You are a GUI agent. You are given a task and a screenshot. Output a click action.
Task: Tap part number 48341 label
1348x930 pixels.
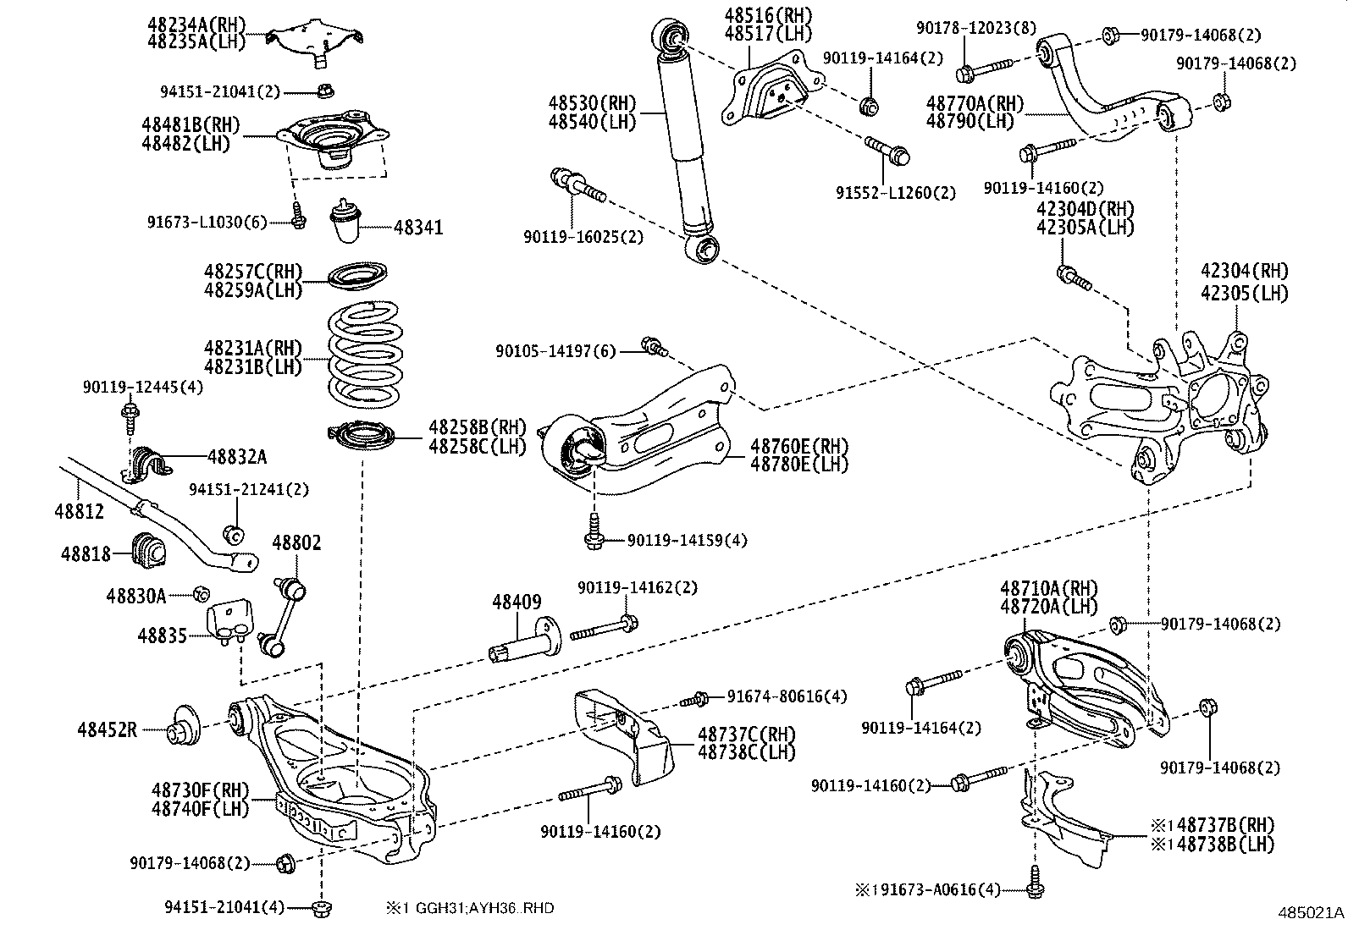(x=417, y=228)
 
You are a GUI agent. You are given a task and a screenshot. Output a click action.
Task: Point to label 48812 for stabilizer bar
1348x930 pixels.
(x=79, y=511)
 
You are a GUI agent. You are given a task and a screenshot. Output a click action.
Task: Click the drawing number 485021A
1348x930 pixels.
(x=1311, y=913)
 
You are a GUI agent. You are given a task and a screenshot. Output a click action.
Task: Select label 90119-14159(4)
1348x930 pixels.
(x=688, y=540)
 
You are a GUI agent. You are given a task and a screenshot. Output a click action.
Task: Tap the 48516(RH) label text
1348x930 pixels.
(x=768, y=15)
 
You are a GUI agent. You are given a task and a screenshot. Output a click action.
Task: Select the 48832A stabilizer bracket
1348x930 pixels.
(x=150, y=459)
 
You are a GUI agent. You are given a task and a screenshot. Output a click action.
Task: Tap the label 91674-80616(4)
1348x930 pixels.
(x=787, y=696)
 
